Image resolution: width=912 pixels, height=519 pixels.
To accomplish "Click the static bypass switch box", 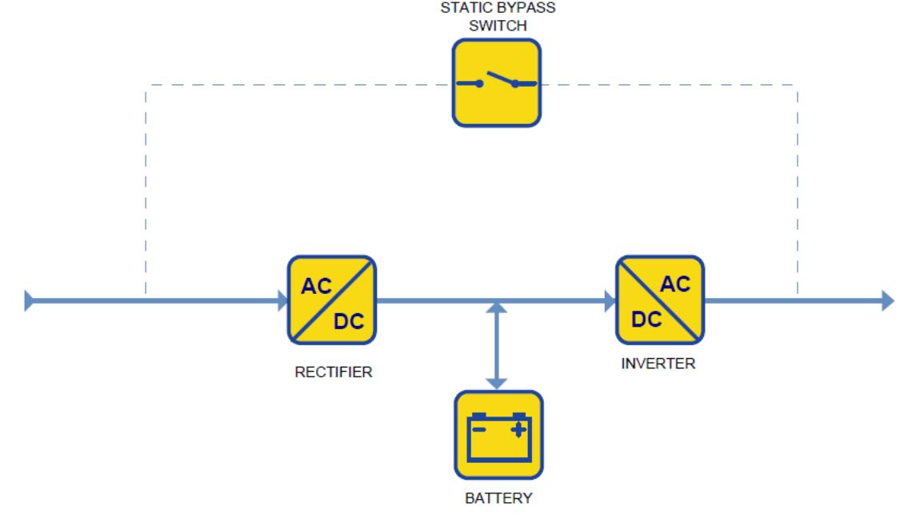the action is coord(497,82).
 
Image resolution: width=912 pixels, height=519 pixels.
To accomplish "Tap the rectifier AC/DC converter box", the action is coord(332,300).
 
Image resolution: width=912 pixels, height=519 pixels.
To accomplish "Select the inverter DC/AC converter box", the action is coord(660,300).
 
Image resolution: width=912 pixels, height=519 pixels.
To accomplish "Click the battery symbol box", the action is coord(499,435).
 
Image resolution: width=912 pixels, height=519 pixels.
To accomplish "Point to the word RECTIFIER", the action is coord(334,372).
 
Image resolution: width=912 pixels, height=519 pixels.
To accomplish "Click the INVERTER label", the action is coord(658,364).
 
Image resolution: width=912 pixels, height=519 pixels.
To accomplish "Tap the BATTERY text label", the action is coord(498,498).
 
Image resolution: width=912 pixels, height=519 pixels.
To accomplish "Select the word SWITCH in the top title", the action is coord(498,26).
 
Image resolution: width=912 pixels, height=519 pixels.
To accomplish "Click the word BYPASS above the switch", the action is coord(524,7).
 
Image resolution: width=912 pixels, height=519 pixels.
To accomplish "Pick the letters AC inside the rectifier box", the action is coord(316,286).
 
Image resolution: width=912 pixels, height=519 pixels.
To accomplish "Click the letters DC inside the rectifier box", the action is coord(348,321).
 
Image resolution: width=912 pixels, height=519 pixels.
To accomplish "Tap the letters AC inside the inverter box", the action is coord(675,284).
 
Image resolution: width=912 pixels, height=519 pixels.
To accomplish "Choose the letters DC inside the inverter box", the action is coord(646,320).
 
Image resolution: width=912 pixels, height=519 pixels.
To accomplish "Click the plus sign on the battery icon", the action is coord(518,430).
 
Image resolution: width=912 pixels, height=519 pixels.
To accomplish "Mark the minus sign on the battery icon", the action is coord(478,430).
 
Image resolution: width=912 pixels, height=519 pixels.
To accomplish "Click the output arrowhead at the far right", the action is coord(887,300).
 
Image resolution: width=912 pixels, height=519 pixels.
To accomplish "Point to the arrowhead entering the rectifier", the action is coord(282,300).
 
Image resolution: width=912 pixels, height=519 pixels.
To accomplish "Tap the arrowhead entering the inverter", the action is coord(610,300).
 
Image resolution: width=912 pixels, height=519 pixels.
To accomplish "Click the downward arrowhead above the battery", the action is coord(496,384).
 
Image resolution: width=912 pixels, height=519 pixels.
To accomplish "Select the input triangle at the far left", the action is coord(29,300).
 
